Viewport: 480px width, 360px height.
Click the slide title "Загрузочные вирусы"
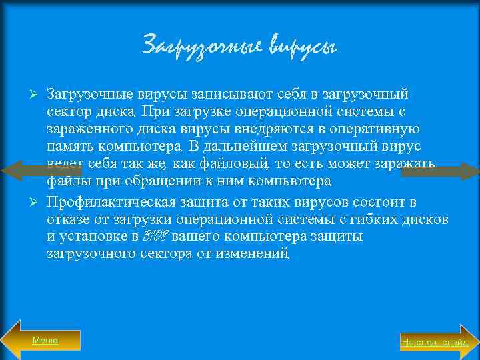pyautogui.click(x=239, y=46)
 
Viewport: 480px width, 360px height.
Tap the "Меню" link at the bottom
pyautogui.click(x=45, y=341)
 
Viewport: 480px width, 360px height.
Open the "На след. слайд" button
pyautogui.click(x=435, y=342)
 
